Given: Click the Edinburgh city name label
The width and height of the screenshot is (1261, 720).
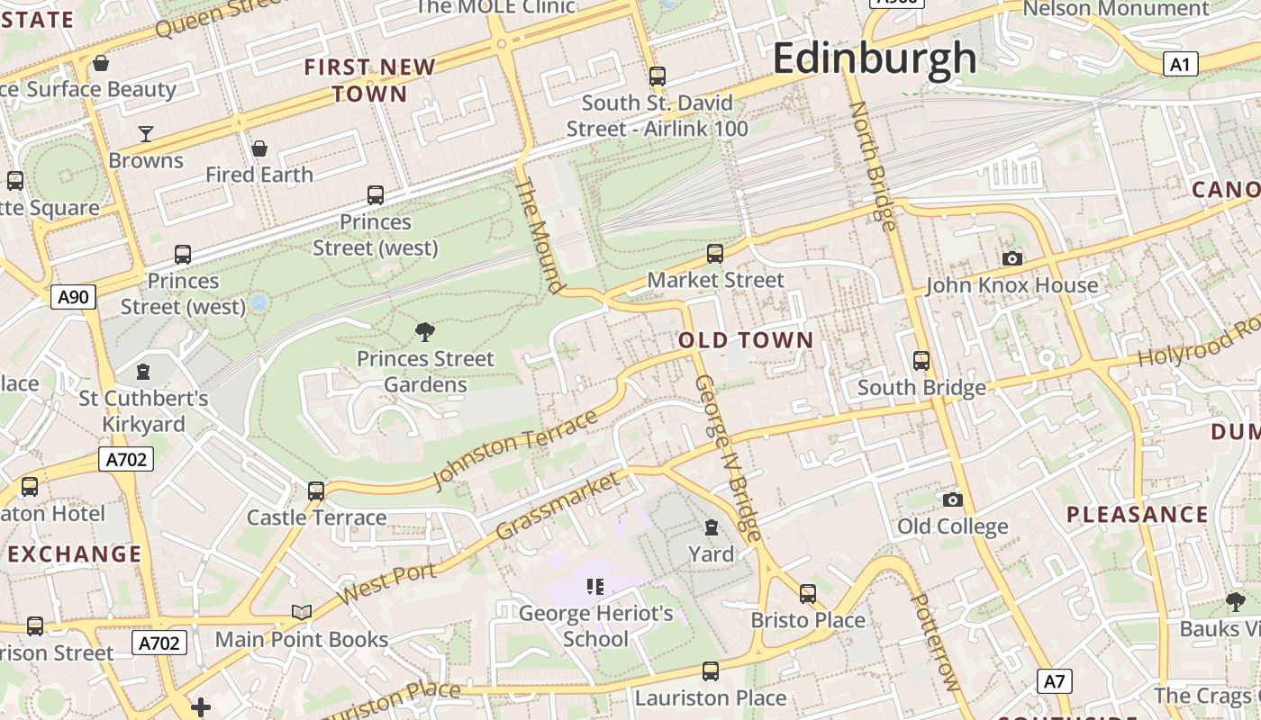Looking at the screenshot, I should (874, 58).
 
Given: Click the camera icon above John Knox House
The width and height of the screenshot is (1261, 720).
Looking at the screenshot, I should (1012, 259).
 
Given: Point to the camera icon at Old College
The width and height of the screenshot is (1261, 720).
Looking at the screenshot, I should (952, 499).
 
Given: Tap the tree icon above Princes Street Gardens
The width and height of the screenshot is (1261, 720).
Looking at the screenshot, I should (425, 332).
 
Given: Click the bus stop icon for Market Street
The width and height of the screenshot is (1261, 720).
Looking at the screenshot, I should (715, 254).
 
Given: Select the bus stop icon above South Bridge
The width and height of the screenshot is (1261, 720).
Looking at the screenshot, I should (921, 361).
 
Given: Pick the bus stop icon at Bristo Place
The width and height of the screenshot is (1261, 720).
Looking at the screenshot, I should (808, 594).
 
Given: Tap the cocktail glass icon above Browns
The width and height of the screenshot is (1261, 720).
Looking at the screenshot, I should (146, 134).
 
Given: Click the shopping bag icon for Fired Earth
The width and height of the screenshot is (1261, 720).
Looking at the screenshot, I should (259, 148).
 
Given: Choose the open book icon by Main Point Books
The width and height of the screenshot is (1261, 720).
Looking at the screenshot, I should (302, 613).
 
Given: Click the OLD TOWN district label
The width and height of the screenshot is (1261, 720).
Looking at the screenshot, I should (746, 340).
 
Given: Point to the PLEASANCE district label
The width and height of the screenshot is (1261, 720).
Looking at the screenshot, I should (1138, 515).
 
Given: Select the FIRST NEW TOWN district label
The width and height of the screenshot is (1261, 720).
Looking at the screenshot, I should (369, 80).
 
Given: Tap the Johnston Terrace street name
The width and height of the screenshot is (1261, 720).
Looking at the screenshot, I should (515, 449).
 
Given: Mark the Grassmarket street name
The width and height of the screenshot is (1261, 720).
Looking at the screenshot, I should (558, 506).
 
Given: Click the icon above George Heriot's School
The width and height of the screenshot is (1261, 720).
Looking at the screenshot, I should (595, 587).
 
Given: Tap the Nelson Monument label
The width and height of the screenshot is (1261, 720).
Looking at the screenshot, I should (1116, 9).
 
